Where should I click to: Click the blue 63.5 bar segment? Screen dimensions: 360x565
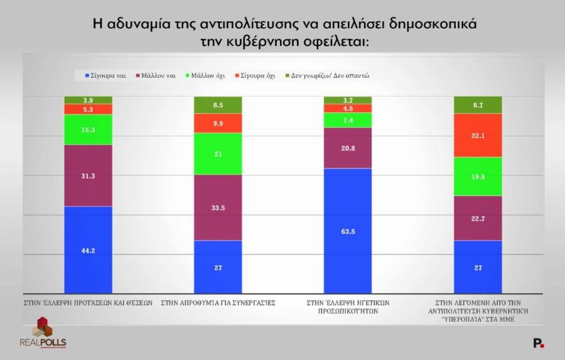347,231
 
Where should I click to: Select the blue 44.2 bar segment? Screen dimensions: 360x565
89,249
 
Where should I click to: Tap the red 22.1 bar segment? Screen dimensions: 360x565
478,135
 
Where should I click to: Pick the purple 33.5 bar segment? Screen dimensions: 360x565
218,208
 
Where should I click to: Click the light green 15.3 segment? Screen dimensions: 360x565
89,129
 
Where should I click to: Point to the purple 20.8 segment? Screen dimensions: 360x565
347,148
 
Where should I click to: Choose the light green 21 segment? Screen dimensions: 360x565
218,154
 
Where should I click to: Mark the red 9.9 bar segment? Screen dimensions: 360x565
218,124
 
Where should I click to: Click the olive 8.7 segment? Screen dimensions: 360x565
478,105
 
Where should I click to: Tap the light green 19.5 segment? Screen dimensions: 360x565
478,177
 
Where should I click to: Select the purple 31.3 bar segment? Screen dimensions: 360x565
89,176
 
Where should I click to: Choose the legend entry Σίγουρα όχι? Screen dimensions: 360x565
255,75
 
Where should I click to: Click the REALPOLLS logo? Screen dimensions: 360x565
43,333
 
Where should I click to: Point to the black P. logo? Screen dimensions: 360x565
538,342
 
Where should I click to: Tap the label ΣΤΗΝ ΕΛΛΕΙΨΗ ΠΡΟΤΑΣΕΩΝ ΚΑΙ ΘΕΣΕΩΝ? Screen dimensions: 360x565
89,302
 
